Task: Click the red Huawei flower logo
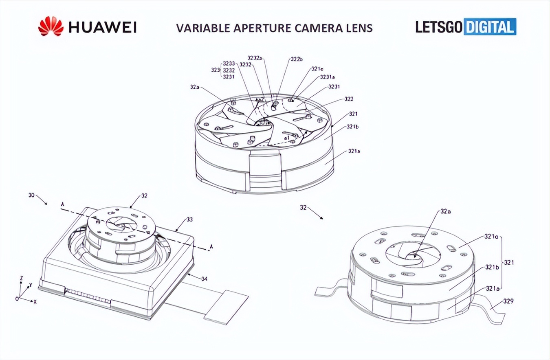click(51, 26)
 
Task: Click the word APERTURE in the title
click(255, 28)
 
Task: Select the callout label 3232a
click(255, 58)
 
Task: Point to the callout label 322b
click(296, 59)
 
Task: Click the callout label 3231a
click(327, 77)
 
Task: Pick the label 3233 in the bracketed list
click(229, 64)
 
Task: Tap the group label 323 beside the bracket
click(215, 70)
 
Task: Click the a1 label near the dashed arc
click(286, 138)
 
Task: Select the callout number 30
click(31, 195)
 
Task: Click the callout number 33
click(189, 220)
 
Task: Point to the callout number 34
click(204, 279)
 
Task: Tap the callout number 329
click(508, 301)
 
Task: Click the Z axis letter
click(21, 278)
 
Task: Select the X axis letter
click(35, 302)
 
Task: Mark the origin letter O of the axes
click(17, 299)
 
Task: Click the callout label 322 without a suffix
click(349, 99)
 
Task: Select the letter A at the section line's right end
click(211, 246)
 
